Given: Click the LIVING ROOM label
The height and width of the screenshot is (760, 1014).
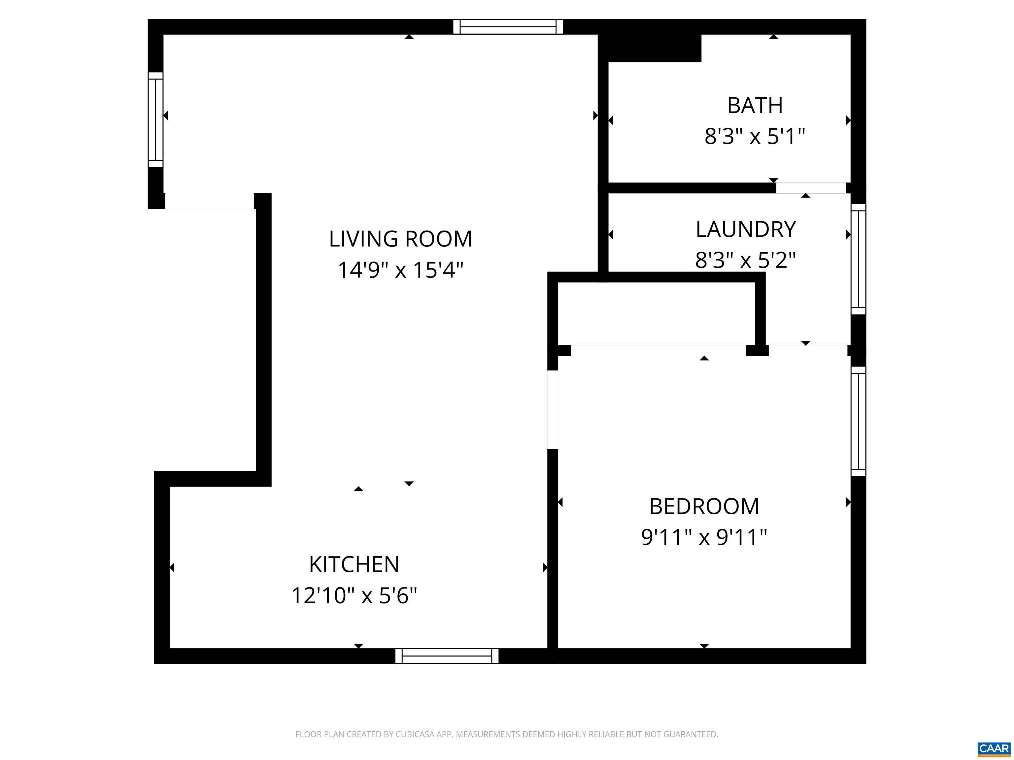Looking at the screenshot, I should point(400,239).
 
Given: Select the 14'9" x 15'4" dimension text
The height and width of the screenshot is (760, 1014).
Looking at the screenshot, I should point(400,270).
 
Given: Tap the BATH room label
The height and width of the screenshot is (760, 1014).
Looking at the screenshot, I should point(755,106).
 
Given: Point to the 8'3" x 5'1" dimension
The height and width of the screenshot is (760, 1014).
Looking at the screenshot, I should point(755,137).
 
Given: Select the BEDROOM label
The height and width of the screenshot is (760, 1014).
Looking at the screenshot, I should point(704,507).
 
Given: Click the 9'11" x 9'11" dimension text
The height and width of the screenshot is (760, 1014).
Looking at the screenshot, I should point(704,537).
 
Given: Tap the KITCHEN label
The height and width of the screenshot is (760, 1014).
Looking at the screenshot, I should point(354,564).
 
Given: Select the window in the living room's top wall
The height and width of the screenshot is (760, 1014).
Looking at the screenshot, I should point(508,27).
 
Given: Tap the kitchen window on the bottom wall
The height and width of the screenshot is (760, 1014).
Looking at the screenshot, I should point(447,656).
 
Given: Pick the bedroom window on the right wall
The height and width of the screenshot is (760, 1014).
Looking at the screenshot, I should point(858,422).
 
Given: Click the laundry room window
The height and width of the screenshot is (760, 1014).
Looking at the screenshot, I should point(858,259).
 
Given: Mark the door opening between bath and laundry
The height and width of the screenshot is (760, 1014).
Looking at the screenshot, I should point(810,188).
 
